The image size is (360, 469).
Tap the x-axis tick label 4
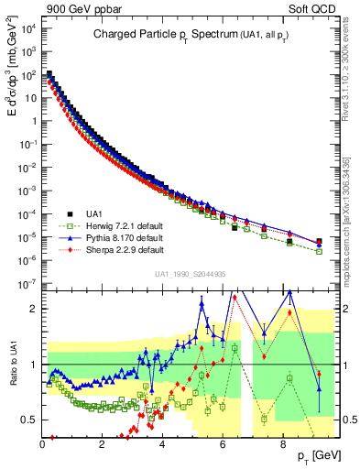[162, 445]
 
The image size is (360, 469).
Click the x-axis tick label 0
[42, 445]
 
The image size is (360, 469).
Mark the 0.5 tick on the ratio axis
[29, 420]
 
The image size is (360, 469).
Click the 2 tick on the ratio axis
[33, 309]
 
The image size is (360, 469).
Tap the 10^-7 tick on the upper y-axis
[28, 284]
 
